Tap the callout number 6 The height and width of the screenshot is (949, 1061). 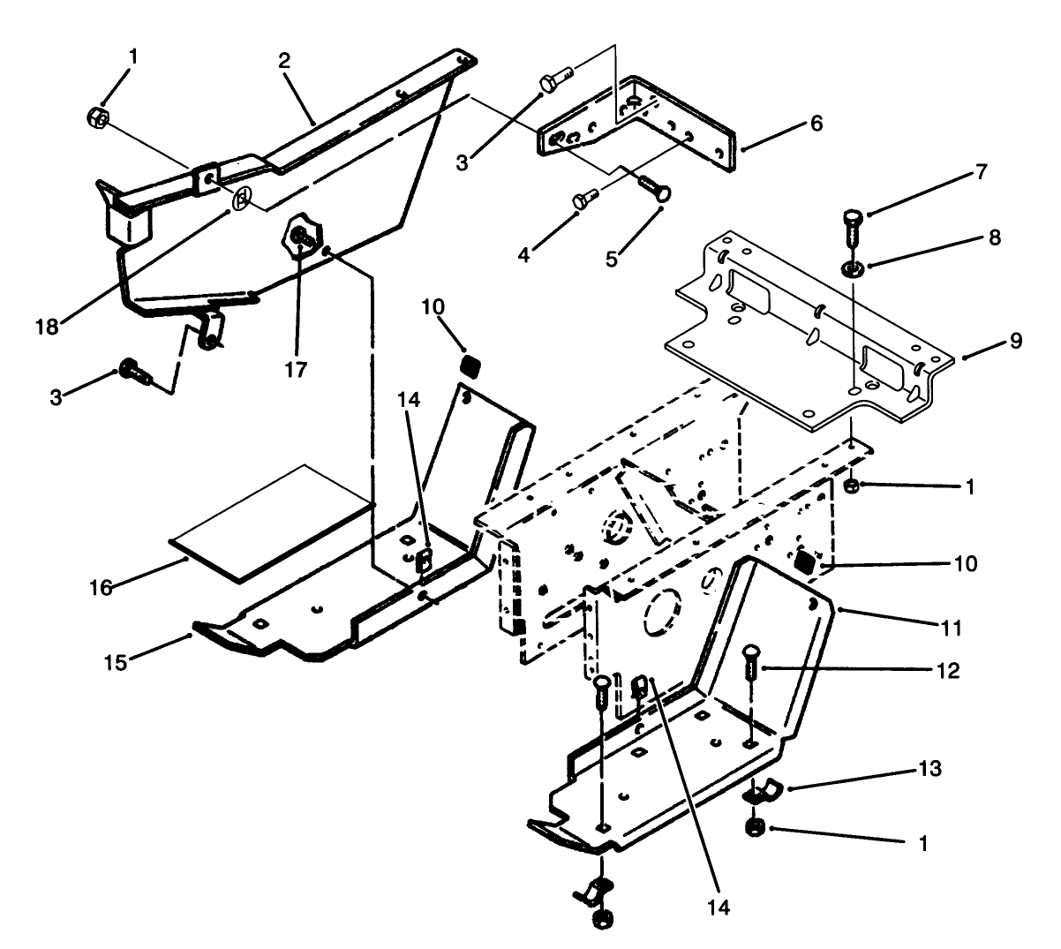(816, 124)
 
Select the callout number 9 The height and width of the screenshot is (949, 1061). (1016, 341)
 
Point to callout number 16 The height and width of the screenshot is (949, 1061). (102, 588)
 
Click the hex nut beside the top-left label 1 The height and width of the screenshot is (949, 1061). (99, 118)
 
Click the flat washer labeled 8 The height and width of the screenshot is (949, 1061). (854, 267)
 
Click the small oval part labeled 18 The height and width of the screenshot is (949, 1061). (240, 202)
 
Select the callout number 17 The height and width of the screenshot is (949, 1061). (297, 370)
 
